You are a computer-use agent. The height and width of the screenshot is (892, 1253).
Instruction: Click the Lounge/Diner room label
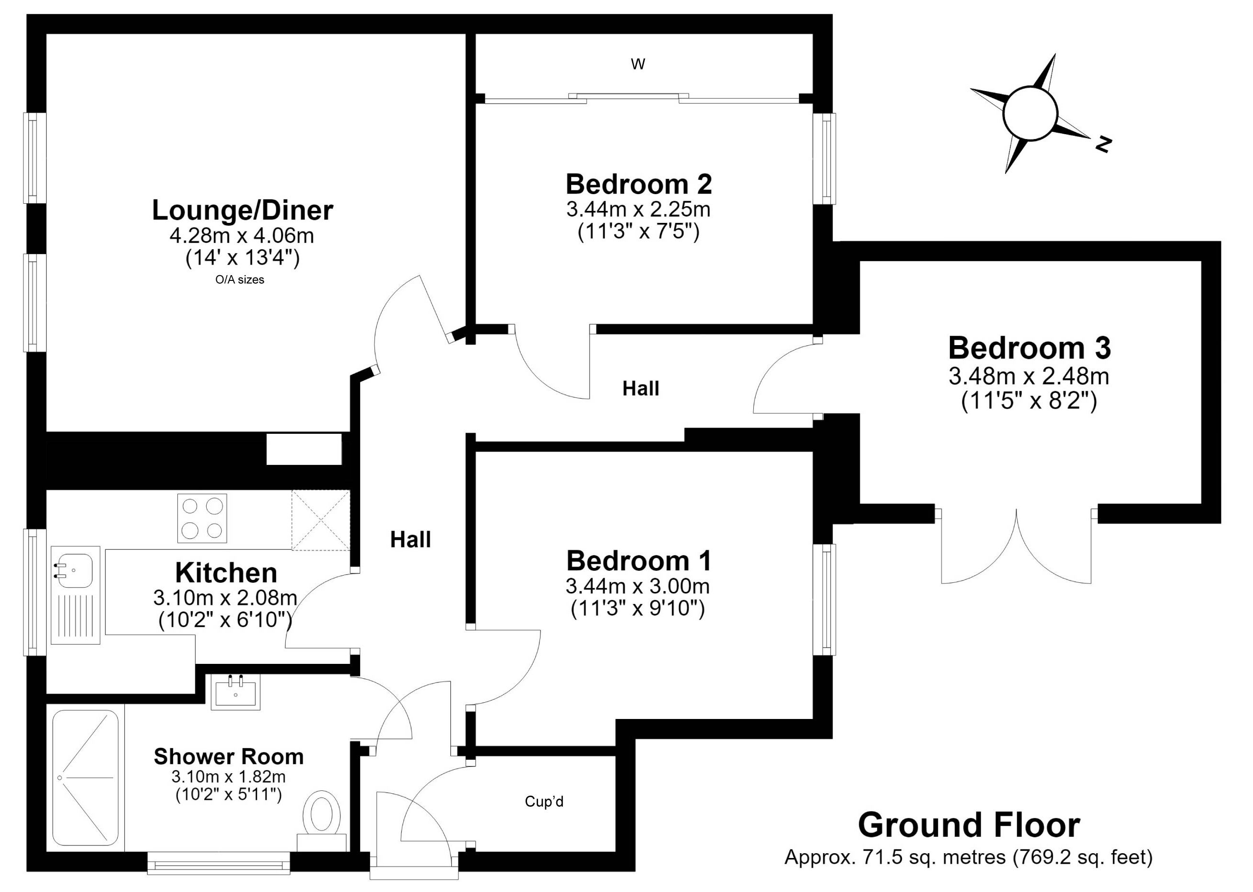click(242, 210)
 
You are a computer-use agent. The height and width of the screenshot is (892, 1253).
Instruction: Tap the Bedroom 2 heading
click(639, 184)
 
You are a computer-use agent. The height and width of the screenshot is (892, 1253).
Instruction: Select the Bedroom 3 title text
click(1030, 348)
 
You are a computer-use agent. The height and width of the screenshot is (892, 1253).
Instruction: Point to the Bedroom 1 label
click(639, 561)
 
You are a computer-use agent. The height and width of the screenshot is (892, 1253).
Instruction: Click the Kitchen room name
click(226, 573)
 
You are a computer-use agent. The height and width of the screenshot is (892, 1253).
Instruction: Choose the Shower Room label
click(229, 756)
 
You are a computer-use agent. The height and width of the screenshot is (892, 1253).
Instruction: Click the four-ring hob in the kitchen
click(202, 518)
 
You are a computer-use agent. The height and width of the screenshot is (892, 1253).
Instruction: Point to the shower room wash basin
click(236, 692)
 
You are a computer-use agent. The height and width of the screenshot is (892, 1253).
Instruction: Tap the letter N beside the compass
click(1102, 144)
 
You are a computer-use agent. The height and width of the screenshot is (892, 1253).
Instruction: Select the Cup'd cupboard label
click(544, 801)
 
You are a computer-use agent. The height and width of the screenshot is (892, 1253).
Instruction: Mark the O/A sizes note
click(240, 279)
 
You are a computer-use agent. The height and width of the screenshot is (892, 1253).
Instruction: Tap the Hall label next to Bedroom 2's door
click(641, 389)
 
